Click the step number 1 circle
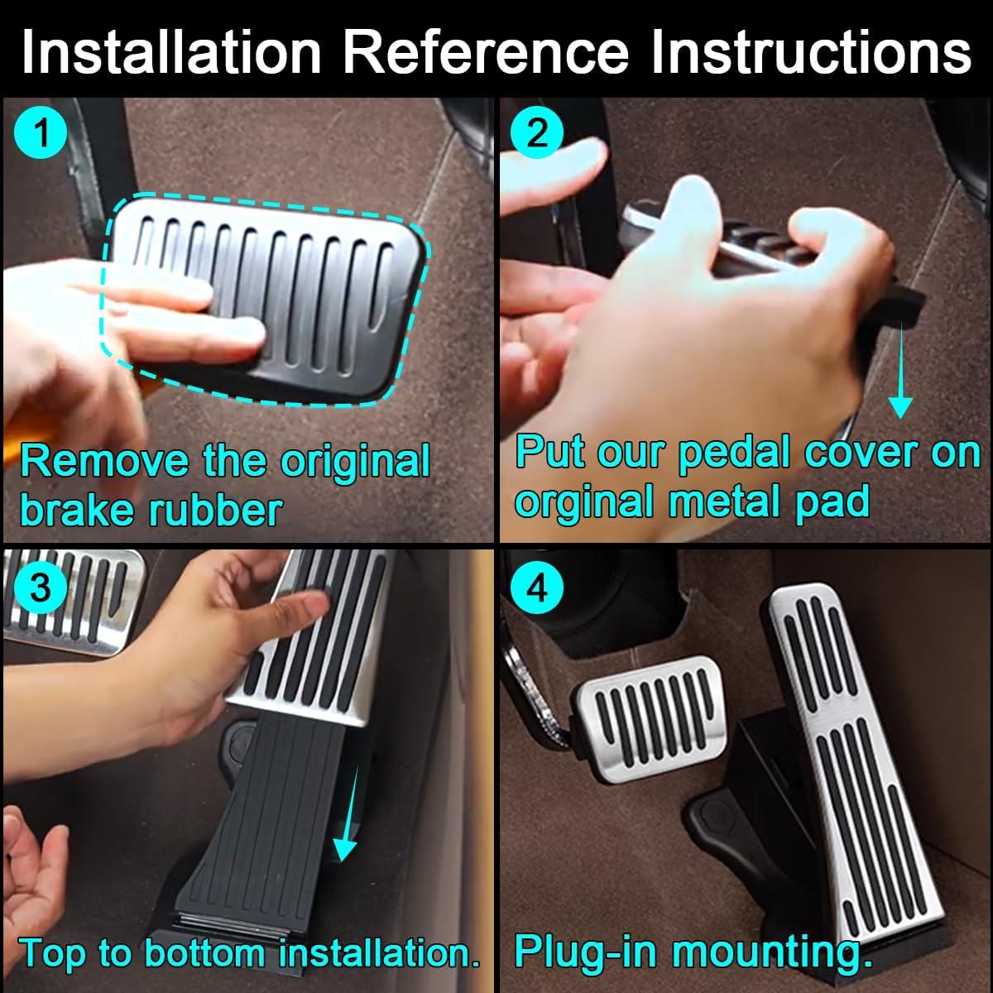point(41,132)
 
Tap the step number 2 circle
point(537,132)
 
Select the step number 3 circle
point(41,587)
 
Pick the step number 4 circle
point(537,587)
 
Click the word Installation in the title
point(171,52)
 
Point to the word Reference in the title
point(486,52)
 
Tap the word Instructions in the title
point(811,52)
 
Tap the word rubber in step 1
point(215,511)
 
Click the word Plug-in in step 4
point(585,954)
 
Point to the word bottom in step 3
point(205,953)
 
